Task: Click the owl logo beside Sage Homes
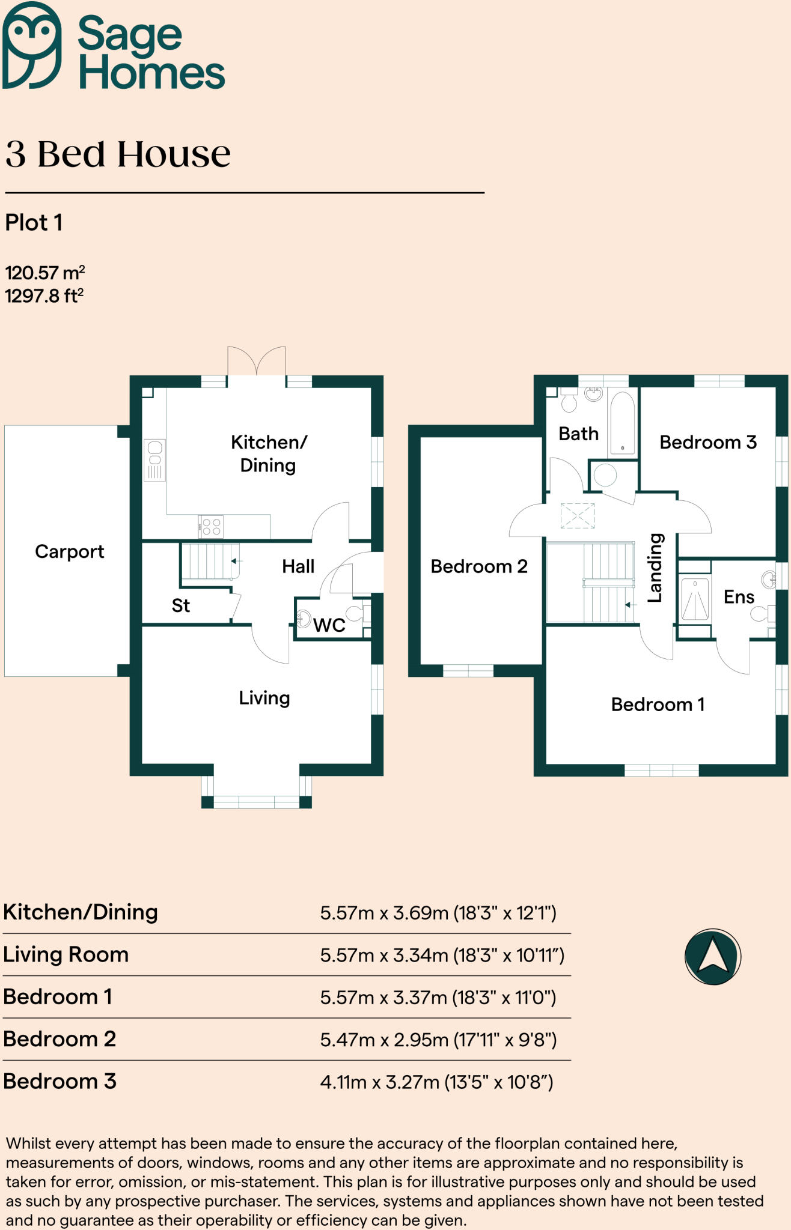[x=31, y=45]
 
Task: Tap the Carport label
[x=69, y=551]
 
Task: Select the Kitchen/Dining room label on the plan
[x=268, y=453]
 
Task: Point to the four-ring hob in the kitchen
[x=211, y=527]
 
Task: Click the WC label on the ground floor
[x=329, y=625]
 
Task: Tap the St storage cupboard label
[x=180, y=605]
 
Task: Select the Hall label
[x=298, y=566]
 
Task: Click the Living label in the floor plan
[x=264, y=698]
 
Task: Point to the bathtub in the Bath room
[x=622, y=422]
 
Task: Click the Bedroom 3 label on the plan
[x=707, y=443]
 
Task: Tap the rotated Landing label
[x=655, y=568]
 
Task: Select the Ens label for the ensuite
[x=739, y=597]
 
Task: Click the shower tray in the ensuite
[x=694, y=599]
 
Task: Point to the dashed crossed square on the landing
[x=577, y=515]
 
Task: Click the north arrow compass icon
[x=712, y=957]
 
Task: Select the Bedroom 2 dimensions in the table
[x=438, y=1040]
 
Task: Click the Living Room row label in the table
[x=66, y=955]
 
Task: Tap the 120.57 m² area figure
[x=45, y=273]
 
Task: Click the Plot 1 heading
[x=34, y=223]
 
